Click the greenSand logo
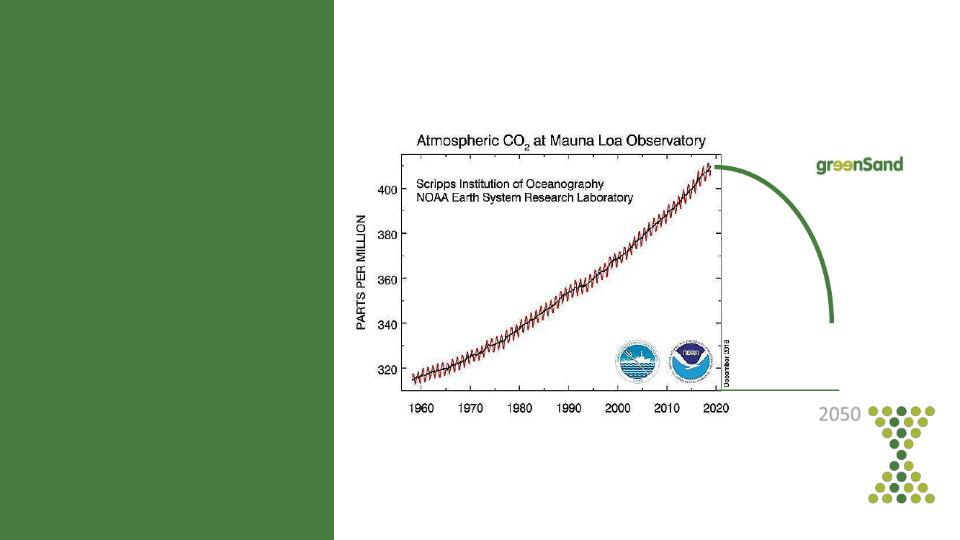(x=859, y=166)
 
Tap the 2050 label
(x=840, y=415)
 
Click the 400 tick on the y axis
(x=388, y=189)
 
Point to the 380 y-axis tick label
(x=388, y=234)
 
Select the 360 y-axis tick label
(x=388, y=279)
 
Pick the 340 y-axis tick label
(x=388, y=323)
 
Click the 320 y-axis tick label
(x=388, y=369)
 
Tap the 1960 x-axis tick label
(x=421, y=408)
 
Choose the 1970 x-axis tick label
(x=470, y=408)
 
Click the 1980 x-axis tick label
(x=519, y=408)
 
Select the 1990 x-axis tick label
(x=569, y=408)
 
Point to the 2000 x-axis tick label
(x=618, y=408)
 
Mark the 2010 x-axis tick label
(x=667, y=408)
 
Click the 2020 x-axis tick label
(x=716, y=408)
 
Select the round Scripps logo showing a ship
(x=637, y=361)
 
